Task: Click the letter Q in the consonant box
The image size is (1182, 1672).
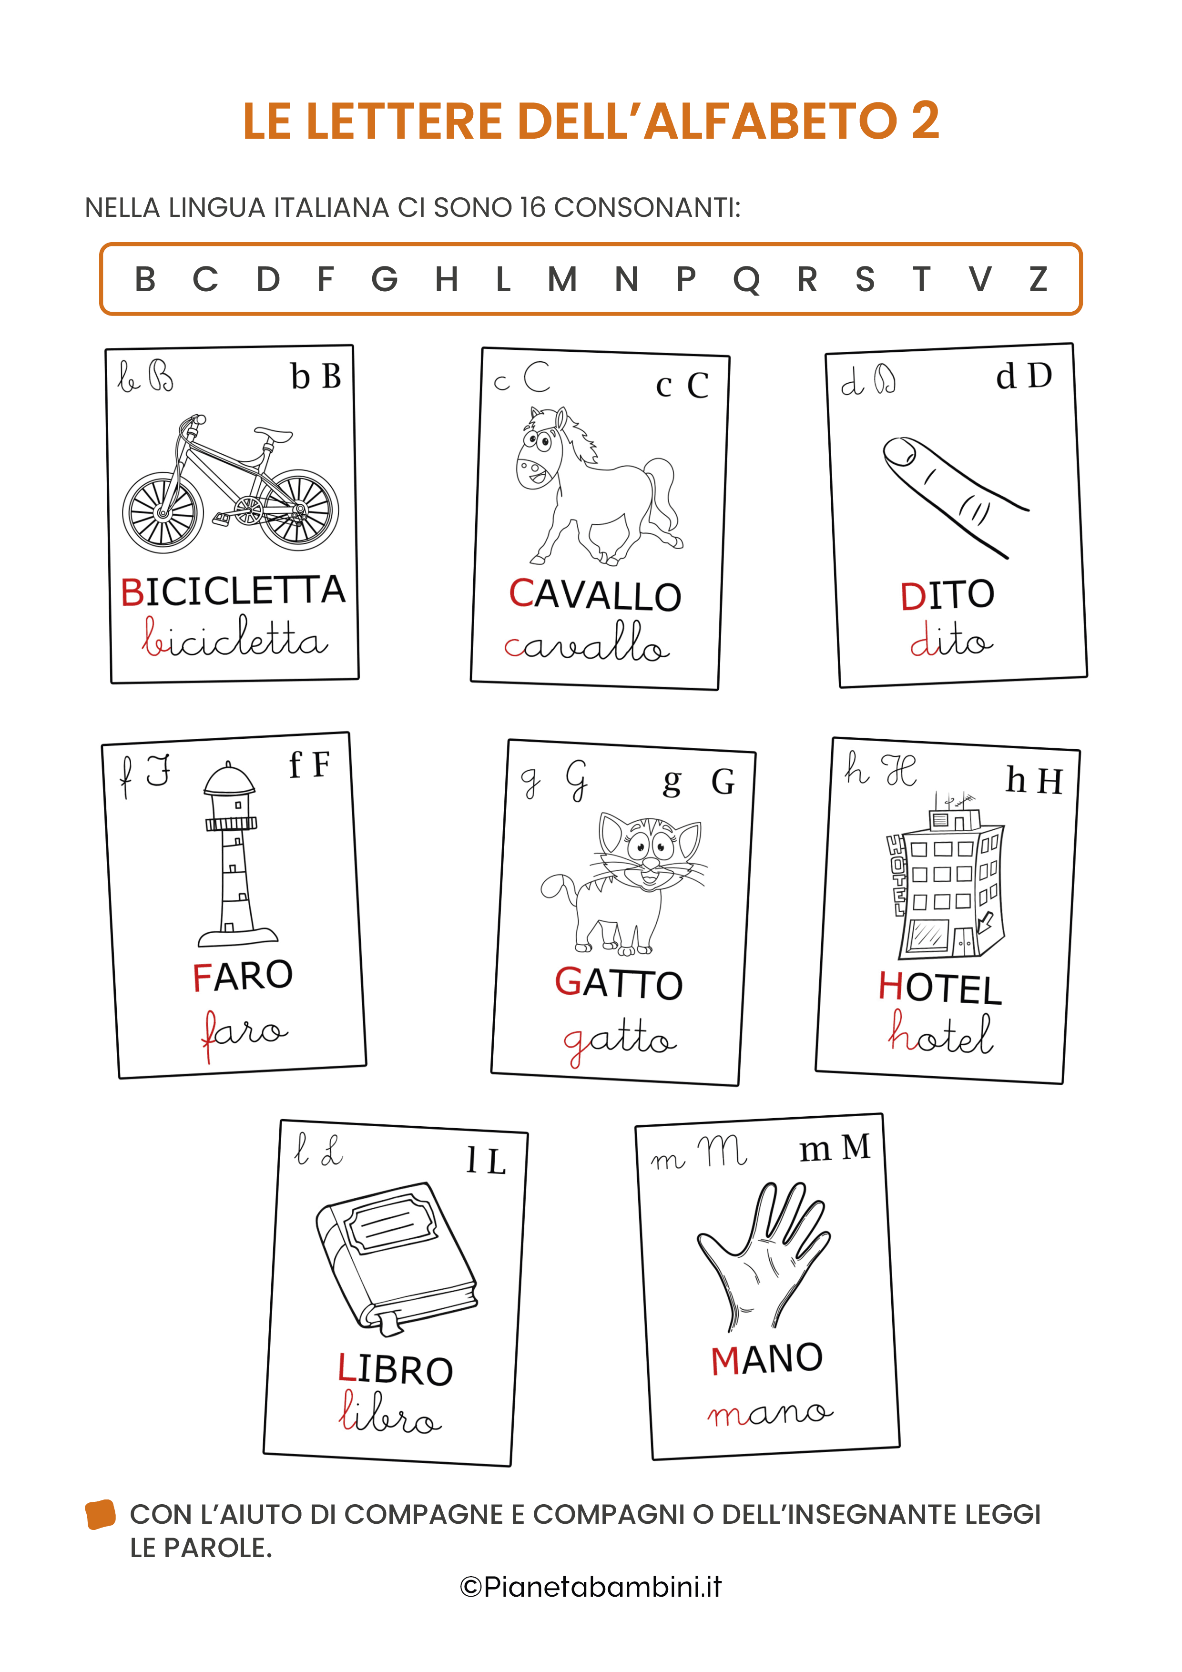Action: (x=746, y=280)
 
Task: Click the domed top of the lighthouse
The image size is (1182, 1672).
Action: (x=229, y=779)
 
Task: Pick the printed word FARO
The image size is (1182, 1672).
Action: (x=243, y=976)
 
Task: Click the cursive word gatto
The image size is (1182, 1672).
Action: (x=620, y=1041)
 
